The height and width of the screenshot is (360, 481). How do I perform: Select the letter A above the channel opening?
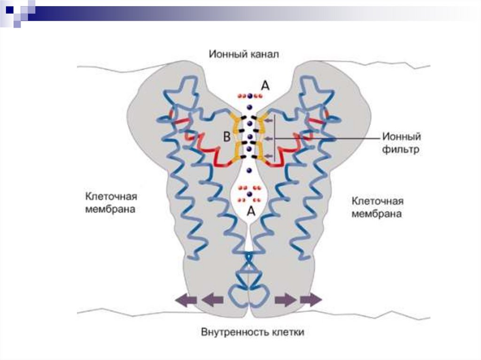pos(265,85)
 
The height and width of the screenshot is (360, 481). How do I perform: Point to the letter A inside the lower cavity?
pos(251,211)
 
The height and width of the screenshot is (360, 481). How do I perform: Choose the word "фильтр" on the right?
pos(400,150)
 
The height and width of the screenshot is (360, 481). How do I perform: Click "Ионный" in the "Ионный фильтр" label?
pos(401,137)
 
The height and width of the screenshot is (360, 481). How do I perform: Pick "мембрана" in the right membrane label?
pos(377,214)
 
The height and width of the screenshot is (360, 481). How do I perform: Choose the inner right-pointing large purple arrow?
pos(286,299)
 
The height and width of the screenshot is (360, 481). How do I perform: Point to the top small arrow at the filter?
pos(268,121)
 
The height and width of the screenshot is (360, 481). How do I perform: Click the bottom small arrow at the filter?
pos(268,155)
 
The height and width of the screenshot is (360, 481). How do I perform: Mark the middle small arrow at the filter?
pos(268,138)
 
